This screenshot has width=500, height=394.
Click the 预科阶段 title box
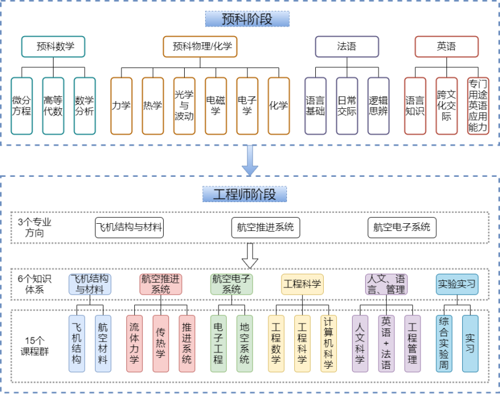point(247,19)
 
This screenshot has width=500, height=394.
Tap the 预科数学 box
point(52,46)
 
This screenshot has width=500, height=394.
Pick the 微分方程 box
point(21,105)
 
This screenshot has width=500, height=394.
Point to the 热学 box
point(152,105)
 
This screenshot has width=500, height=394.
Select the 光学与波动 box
point(184,105)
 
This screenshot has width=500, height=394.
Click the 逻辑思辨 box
point(378,105)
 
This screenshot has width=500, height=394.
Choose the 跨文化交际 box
point(446,105)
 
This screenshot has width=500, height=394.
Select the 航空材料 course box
point(103,343)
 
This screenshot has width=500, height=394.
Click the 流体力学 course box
point(134,343)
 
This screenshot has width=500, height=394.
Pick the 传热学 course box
point(161,343)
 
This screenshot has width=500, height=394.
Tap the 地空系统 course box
point(244,343)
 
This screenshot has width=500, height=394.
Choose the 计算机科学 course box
point(329,343)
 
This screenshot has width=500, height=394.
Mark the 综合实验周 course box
point(443,343)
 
